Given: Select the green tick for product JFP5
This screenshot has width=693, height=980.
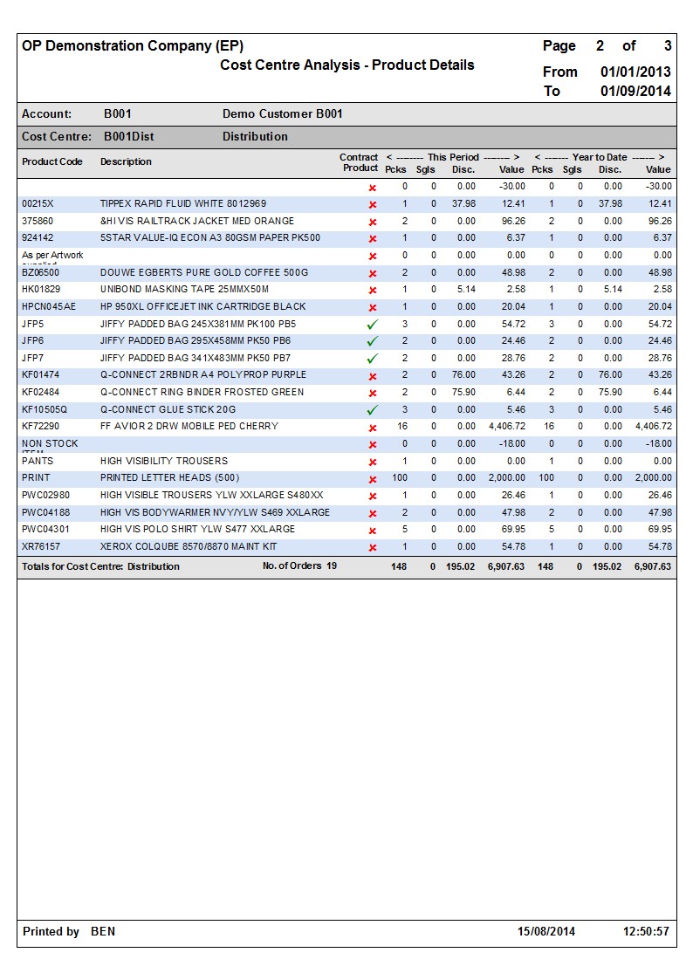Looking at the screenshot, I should click(373, 324).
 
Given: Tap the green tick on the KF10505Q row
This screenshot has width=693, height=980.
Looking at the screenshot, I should click(373, 409).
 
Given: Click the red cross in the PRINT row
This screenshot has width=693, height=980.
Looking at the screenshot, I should click(373, 478).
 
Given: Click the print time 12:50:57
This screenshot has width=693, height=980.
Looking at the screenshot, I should click(646, 931).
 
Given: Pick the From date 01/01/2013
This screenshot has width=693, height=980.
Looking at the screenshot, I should click(635, 72).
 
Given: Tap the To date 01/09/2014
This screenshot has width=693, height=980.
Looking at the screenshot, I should click(635, 91).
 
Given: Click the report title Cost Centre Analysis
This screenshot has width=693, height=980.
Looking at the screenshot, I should click(346, 65).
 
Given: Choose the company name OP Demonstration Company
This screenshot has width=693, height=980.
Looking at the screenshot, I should click(133, 45).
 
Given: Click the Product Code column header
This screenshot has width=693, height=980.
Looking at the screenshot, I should click(52, 161).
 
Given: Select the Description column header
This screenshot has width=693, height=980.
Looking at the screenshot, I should click(126, 161).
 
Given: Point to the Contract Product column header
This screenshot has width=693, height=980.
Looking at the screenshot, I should click(360, 162).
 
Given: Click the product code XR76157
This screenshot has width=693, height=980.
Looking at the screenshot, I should click(41, 546).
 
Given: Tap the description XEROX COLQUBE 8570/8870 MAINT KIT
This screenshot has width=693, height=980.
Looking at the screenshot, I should click(189, 546).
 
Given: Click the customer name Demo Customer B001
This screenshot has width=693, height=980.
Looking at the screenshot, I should click(283, 113).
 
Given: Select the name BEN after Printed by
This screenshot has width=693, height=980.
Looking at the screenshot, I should click(103, 931).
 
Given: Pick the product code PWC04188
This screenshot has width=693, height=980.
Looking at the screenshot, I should click(45, 512).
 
